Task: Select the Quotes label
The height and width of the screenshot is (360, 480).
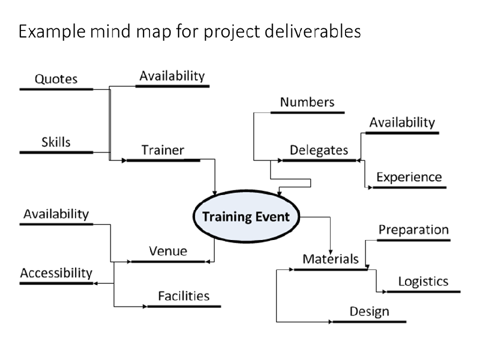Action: coord(56,79)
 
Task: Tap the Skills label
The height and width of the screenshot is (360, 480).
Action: coord(56,142)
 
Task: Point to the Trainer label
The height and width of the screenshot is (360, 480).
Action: coord(163,150)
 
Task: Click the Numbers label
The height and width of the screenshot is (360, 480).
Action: coord(307,102)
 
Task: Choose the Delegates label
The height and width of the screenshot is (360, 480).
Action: coord(319,151)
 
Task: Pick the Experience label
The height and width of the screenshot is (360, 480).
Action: coord(409,177)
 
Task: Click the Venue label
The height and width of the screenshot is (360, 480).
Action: coord(168,251)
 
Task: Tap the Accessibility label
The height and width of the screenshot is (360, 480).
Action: coord(56,273)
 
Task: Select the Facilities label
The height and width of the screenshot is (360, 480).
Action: coord(184,296)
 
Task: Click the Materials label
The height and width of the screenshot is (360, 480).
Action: coord(331,259)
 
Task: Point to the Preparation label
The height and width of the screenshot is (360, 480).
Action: coord(414,230)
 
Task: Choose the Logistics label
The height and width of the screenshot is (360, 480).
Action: coord(423,282)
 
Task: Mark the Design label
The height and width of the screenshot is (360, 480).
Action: coord(370,312)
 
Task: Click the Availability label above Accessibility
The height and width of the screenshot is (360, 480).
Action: coord(56,214)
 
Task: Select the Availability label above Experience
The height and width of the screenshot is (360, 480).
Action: coord(402,123)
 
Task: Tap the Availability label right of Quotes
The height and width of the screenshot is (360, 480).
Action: coord(172,76)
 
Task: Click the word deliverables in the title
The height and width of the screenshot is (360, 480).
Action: coord(312,31)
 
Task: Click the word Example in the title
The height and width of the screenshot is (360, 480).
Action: coord(52,32)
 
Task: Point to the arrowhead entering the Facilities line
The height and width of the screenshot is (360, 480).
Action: coord(145,306)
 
